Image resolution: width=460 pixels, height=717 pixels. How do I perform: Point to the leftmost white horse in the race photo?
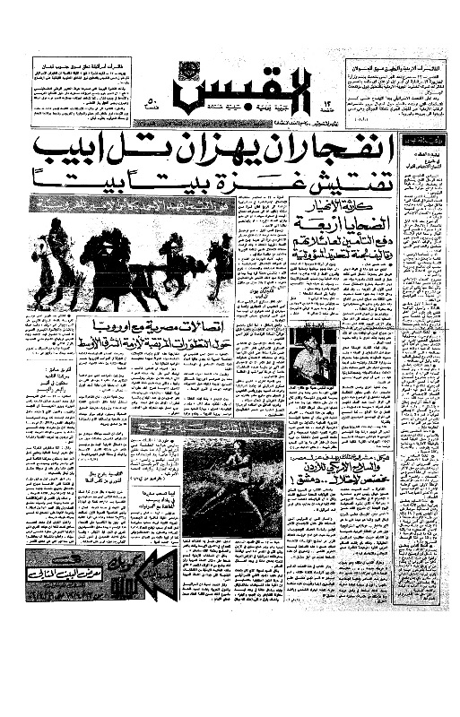[41, 265]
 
